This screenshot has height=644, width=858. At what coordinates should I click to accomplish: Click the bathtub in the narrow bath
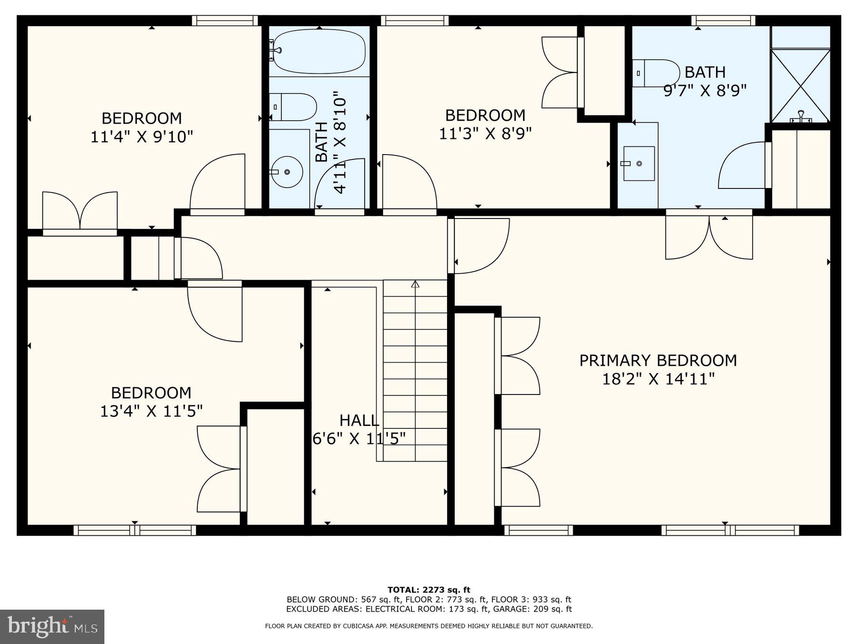[x=318, y=52]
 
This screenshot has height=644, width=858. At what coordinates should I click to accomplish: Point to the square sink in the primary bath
[x=639, y=164]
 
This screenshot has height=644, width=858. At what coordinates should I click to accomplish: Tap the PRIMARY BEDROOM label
[x=658, y=360]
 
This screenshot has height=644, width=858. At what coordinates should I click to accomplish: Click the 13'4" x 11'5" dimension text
[x=151, y=411]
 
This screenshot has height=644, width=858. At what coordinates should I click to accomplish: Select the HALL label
[x=359, y=420]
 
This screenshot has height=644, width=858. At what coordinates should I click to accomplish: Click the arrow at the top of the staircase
[x=415, y=284]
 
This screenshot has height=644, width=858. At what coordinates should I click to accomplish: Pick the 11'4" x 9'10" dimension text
[x=142, y=137]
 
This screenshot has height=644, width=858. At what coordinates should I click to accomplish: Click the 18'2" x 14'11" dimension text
[x=658, y=379]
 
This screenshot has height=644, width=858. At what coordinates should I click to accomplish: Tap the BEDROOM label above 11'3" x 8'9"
[x=485, y=115]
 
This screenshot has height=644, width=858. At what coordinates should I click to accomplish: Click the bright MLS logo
[x=52, y=626]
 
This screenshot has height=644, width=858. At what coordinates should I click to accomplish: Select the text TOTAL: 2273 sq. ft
[x=429, y=590]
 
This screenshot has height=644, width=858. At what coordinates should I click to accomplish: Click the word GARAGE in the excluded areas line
[x=510, y=609]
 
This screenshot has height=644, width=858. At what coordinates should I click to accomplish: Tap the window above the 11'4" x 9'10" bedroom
[x=225, y=21]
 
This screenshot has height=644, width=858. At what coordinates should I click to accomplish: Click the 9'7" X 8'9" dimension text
[x=705, y=90]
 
